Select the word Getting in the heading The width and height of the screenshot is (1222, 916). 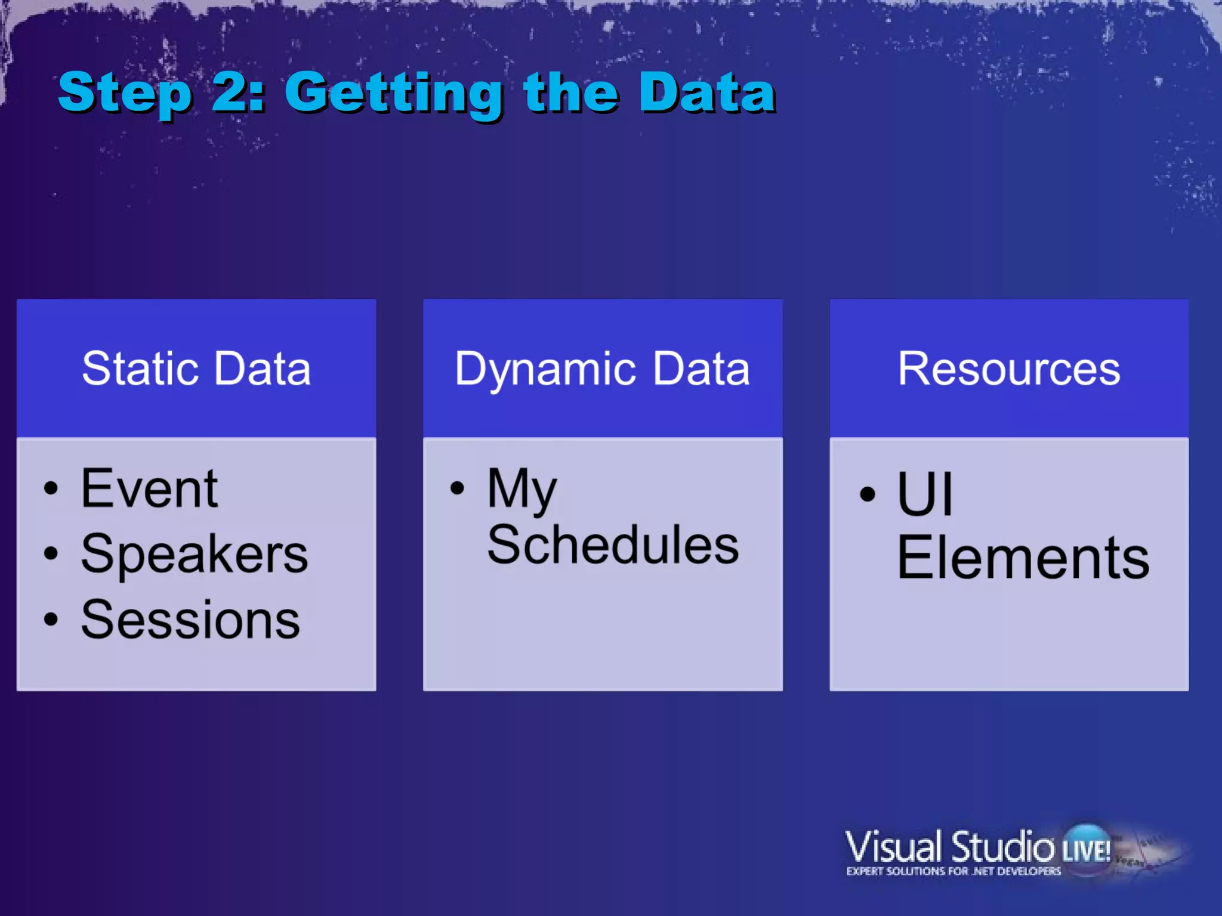click(x=394, y=94)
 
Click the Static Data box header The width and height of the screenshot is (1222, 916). click(x=196, y=369)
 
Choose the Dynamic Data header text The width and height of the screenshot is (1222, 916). click(x=602, y=369)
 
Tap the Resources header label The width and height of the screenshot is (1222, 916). click(x=1009, y=369)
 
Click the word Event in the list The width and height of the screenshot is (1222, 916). click(x=149, y=489)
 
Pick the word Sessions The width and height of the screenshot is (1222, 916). click(x=190, y=620)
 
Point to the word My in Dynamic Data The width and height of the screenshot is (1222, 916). click(x=521, y=490)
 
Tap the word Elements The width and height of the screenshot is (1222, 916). click(x=1023, y=558)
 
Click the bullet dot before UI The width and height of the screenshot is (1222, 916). click(x=868, y=494)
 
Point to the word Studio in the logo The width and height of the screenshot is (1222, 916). click(x=1002, y=847)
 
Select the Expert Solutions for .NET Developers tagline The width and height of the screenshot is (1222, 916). click(x=953, y=871)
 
